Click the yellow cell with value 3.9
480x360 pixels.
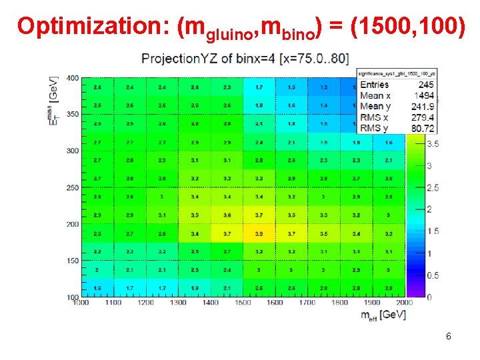click(x=259, y=234)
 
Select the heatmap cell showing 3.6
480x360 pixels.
click(x=227, y=215)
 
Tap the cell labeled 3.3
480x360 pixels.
click(x=324, y=215)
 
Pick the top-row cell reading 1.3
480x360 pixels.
click(x=324, y=87)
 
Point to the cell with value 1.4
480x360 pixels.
click(x=324, y=105)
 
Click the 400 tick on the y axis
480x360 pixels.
click(x=71, y=79)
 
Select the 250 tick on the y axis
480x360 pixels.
click(x=71, y=188)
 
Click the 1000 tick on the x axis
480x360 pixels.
click(x=81, y=303)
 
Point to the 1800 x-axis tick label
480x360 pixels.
click(x=339, y=303)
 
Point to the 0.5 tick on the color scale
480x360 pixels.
click(x=433, y=275)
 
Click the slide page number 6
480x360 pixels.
click(x=448, y=337)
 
